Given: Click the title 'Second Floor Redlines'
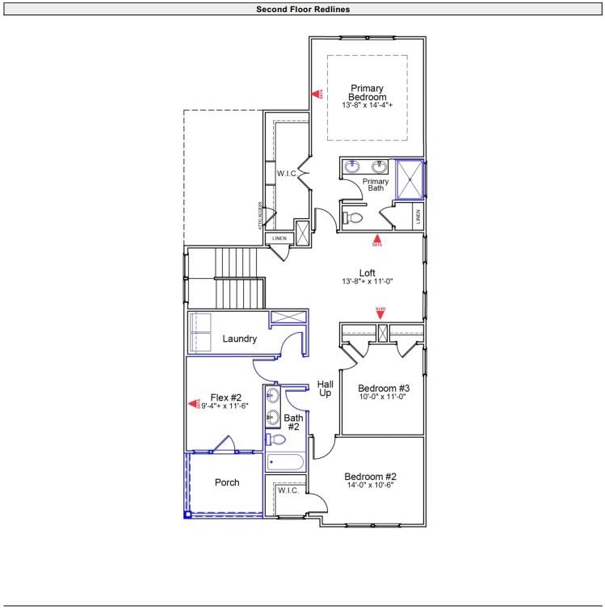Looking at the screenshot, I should (x=302, y=10).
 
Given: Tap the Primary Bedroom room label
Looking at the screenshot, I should (x=367, y=92).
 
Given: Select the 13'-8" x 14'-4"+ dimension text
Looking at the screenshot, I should (x=367, y=106).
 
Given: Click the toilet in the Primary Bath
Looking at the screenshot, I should (x=352, y=217).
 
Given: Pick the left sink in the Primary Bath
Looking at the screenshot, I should (x=353, y=167).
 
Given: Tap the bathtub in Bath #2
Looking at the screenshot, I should (x=284, y=463).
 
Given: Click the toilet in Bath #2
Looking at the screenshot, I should (x=276, y=440).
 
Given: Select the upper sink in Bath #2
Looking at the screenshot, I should (x=273, y=396).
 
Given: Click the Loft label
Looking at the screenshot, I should (x=368, y=272).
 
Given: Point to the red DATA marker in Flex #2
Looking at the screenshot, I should (x=194, y=403).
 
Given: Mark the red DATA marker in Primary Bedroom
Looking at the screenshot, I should (x=317, y=94).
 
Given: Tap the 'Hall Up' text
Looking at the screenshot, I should (x=326, y=389).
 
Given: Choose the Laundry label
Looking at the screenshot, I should (x=240, y=339).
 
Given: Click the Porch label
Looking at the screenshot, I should (x=227, y=482).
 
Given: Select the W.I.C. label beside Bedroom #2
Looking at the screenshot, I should (x=288, y=490).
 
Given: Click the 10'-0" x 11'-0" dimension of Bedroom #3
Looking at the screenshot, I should (x=381, y=397).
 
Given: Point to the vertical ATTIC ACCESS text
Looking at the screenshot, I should (x=260, y=216).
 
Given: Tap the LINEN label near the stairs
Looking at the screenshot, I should (x=279, y=238).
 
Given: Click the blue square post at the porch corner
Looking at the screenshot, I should (x=187, y=513).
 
